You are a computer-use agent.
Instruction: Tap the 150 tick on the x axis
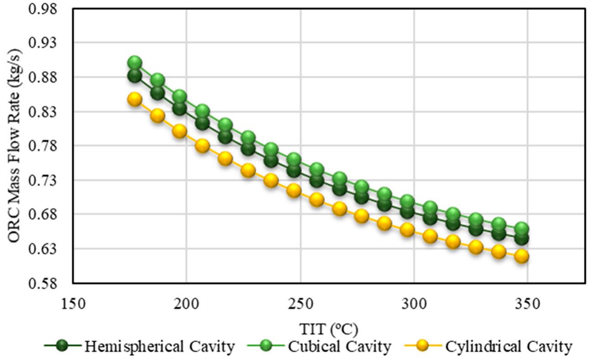(73, 303)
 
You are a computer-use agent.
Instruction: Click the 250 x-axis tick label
(300, 303)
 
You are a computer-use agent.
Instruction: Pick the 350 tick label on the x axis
(527, 303)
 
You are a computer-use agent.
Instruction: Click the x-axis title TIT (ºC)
(328, 328)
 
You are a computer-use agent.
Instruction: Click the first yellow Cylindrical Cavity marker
(135, 99)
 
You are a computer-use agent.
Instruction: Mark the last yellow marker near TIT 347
(521, 256)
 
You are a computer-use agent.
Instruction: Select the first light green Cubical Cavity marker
(135, 63)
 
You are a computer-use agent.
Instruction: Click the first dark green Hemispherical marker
(135, 76)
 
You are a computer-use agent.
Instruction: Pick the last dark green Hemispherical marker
(521, 238)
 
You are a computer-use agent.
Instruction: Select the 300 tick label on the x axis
(414, 303)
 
